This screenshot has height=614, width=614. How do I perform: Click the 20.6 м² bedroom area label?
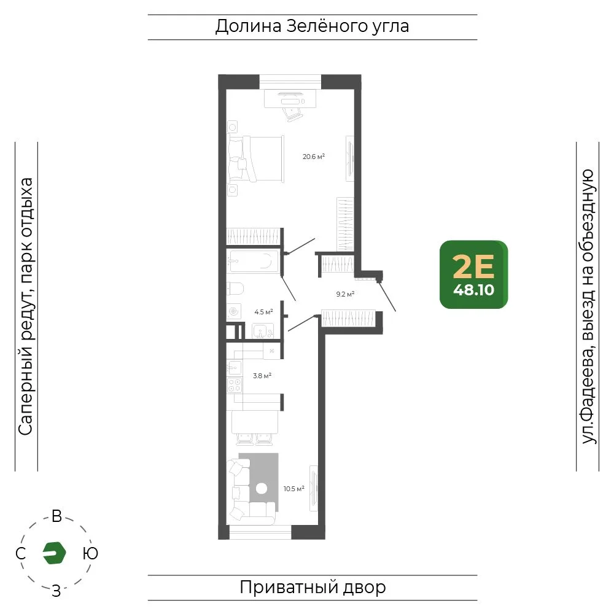pos(314,157)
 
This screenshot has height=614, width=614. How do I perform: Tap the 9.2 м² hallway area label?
pos(345,293)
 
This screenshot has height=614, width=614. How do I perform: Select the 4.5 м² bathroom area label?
pos(263,312)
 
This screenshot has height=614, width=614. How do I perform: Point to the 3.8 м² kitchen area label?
pos(262,376)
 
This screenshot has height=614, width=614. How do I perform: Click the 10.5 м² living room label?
pos(293,488)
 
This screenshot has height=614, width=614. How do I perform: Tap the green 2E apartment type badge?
pos(473,274)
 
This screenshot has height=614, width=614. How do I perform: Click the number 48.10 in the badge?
pos(474,290)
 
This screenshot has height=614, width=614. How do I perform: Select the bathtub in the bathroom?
pos(253,261)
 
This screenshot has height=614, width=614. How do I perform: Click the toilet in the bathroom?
pos(235,289)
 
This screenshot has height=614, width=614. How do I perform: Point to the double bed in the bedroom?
pos(255,158)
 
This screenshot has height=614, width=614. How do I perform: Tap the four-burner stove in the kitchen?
pos(235,385)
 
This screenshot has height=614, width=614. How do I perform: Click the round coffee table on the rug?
pos(262,488)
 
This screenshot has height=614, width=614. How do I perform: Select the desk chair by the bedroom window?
pos(292,114)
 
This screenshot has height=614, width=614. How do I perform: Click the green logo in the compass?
pos(54,553)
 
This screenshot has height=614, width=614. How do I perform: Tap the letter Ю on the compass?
pos(90,553)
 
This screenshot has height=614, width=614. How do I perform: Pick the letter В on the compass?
pos(56,516)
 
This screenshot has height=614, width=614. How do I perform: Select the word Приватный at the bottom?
pos(289,588)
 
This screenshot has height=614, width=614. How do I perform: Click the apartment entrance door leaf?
pos(387,296)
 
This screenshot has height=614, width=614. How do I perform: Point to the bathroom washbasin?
pos(263,331)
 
